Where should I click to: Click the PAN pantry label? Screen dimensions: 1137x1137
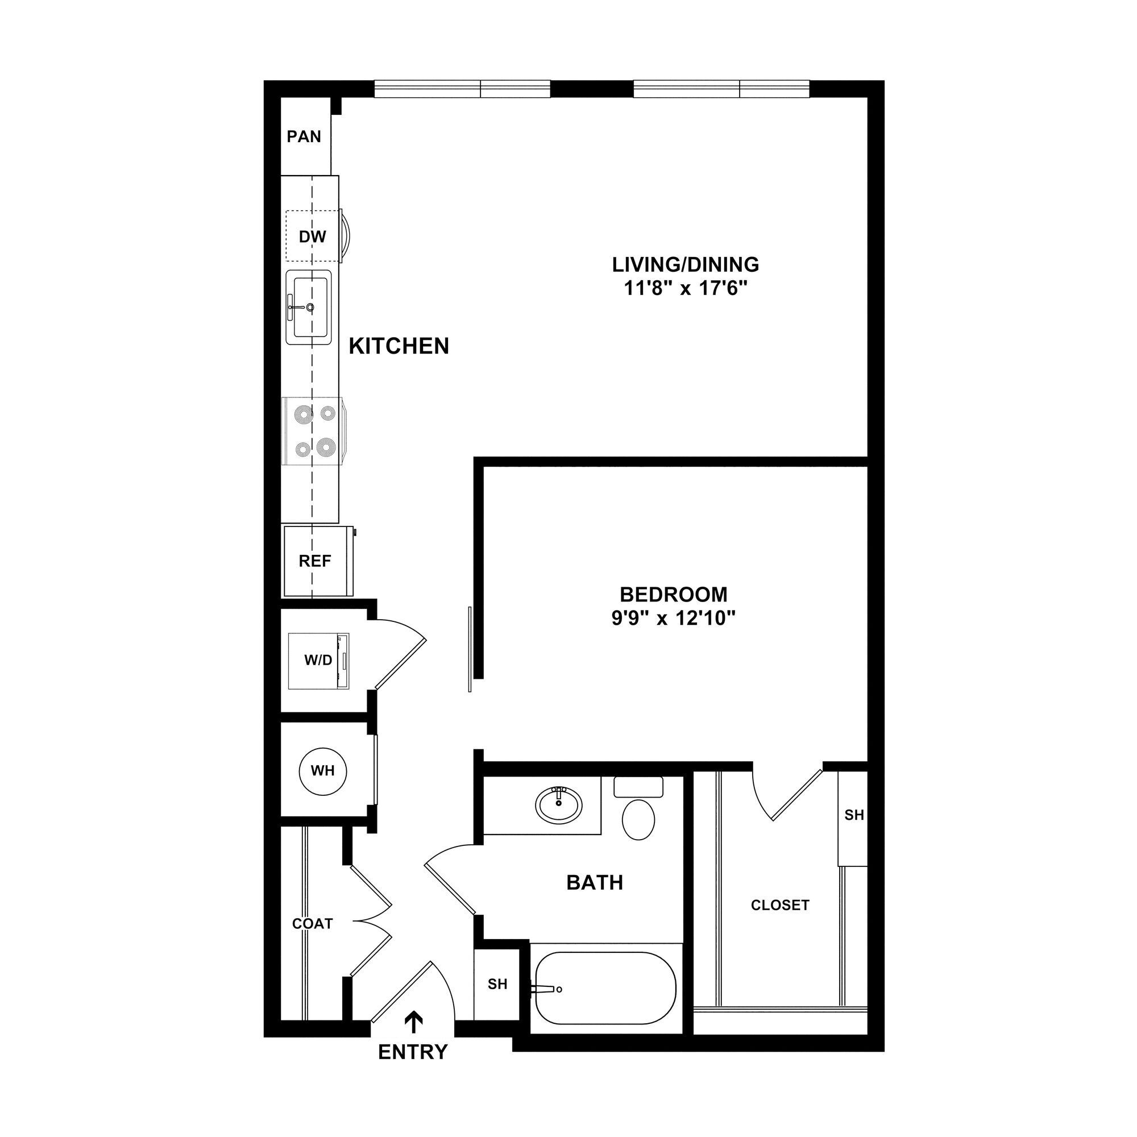(304, 136)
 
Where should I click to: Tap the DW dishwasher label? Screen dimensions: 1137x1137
(312, 236)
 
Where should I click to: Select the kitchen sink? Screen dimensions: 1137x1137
(308, 306)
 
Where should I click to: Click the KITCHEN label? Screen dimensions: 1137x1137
(399, 346)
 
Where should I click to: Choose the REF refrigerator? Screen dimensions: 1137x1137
(316, 561)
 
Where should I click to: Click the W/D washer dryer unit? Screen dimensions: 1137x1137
(318, 660)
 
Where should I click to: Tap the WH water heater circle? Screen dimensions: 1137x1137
(322, 770)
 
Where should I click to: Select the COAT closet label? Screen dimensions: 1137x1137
(313, 923)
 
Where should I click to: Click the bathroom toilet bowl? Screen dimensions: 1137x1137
(638, 819)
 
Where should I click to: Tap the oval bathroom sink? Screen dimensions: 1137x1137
(558, 804)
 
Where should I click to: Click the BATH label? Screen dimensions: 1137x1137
(595, 882)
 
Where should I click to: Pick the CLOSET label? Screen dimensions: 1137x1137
(780, 904)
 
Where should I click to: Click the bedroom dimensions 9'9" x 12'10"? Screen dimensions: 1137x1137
(673, 619)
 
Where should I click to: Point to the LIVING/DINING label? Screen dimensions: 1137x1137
(685, 264)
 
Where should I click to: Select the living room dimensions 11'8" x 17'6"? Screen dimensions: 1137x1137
(685, 289)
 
